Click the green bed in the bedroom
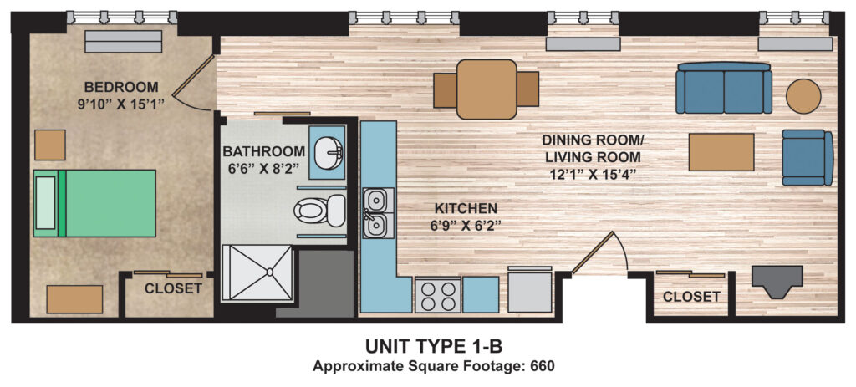click(94, 203)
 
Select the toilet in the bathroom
click(320, 211)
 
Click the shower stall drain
click(269, 271)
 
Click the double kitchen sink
click(376, 212)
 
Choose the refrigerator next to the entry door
click(529, 289)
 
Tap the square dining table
click(487, 89)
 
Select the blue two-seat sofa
click(723, 88)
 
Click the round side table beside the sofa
click(803, 96)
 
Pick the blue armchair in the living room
click(808, 157)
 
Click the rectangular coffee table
click(721, 152)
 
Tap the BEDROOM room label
click(121, 87)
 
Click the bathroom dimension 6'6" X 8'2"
click(263, 168)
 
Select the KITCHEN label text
click(466, 208)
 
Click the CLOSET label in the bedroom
click(173, 288)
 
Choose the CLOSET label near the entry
click(691, 297)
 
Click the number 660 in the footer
click(543, 366)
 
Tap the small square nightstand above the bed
click(49, 145)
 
